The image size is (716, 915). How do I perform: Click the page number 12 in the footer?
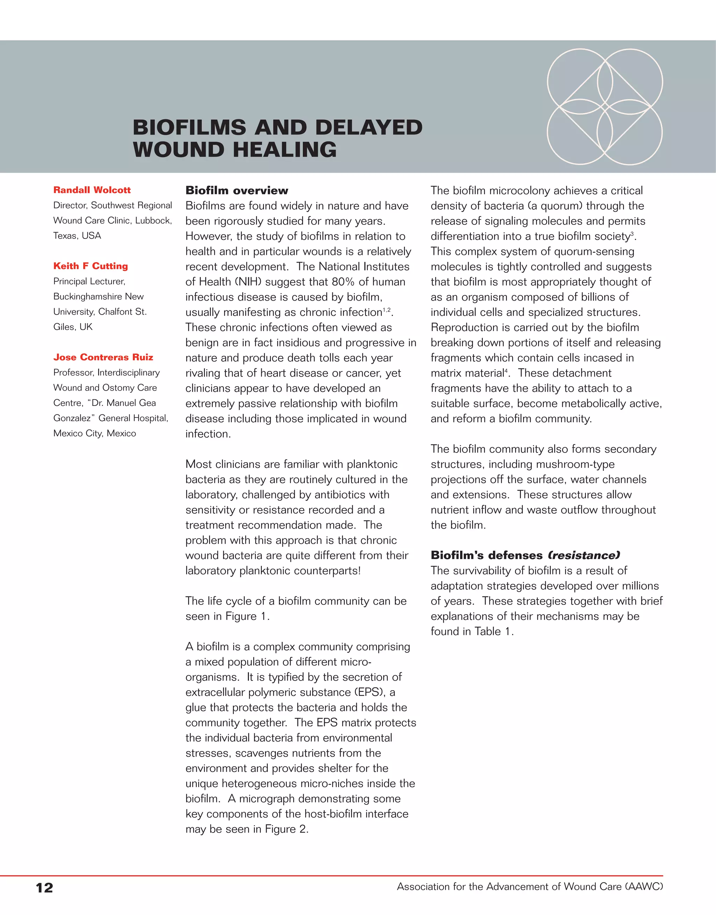click(x=44, y=887)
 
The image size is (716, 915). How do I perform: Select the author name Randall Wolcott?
click(x=92, y=190)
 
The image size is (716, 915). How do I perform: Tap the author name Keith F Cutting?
click(x=91, y=266)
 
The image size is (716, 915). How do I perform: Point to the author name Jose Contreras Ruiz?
click(x=103, y=357)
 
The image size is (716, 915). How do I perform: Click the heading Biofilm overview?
click(x=237, y=190)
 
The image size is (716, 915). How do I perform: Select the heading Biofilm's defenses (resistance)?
click(x=525, y=555)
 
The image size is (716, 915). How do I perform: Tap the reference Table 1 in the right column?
click(x=493, y=631)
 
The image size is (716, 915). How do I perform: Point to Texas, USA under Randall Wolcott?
click(x=77, y=236)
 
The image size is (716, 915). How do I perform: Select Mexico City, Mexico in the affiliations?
click(x=95, y=434)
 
